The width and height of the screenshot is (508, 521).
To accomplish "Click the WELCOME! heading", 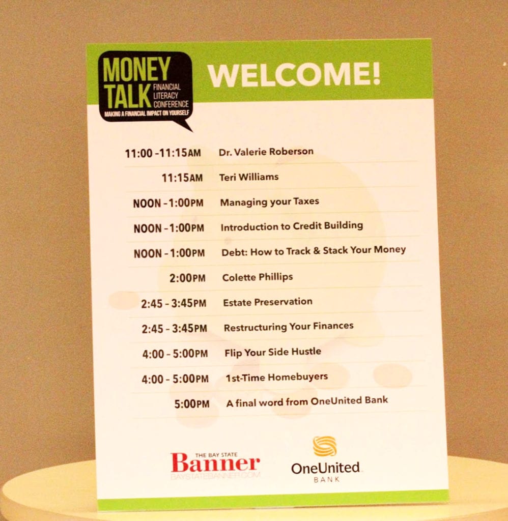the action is click(294, 74).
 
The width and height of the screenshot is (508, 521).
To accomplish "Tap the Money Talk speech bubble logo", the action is click(146, 89).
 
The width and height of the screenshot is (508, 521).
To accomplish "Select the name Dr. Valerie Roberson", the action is click(266, 152).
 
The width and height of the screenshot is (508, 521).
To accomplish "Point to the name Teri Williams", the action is click(249, 177).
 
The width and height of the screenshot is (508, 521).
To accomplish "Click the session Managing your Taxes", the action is click(270, 202).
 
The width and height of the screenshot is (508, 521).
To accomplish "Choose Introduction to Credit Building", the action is click(292, 226).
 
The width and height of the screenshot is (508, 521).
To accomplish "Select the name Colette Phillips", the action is click(258, 277).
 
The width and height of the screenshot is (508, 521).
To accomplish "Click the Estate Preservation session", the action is click(268, 302).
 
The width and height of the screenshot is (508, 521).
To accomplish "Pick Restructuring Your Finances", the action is click(289, 327).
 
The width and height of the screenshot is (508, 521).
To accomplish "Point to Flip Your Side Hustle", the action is click(273, 352).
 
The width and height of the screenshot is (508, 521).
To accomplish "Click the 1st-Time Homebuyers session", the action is click(276, 378).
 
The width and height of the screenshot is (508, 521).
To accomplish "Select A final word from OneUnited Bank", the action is click(307, 402).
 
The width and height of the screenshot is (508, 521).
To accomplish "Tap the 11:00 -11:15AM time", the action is click(163, 153).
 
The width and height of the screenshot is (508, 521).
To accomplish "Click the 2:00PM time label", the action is click(187, 278).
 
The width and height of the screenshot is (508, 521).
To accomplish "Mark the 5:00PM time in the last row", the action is click(192, 404).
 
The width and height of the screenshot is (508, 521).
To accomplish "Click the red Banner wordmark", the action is click(215, 463).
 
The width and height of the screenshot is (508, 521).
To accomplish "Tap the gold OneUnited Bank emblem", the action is click(325, 446).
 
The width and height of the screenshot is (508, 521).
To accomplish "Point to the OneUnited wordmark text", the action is click(325, 468).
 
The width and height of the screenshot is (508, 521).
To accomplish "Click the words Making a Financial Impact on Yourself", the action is click(147, 113).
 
